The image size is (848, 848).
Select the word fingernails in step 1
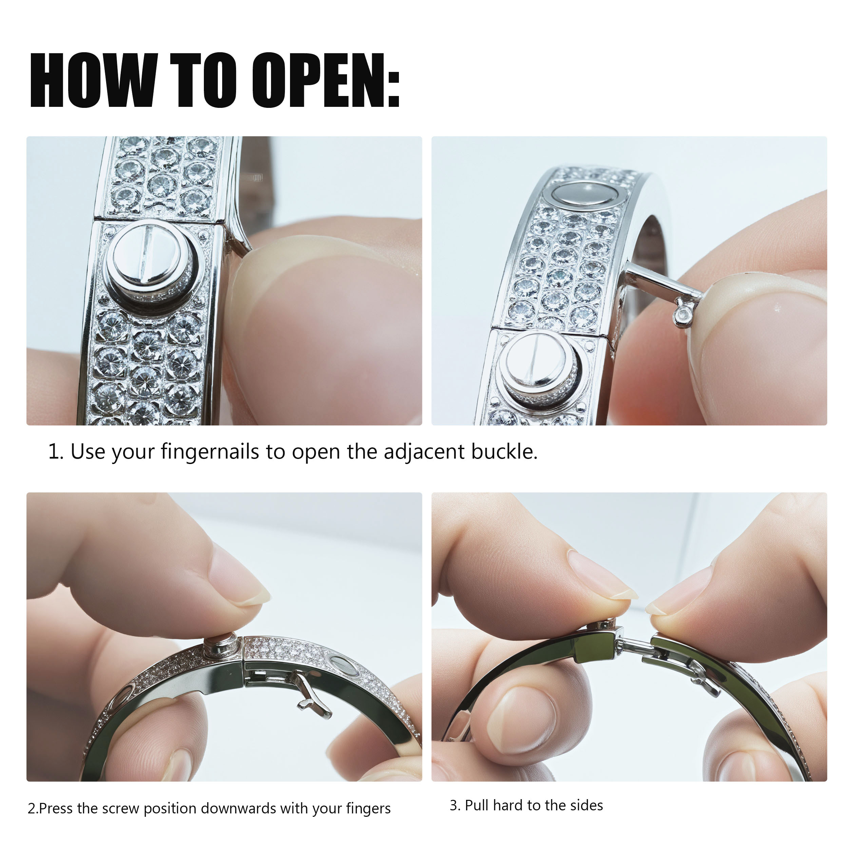coord(210,452)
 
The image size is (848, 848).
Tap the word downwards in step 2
coord(239,808)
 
